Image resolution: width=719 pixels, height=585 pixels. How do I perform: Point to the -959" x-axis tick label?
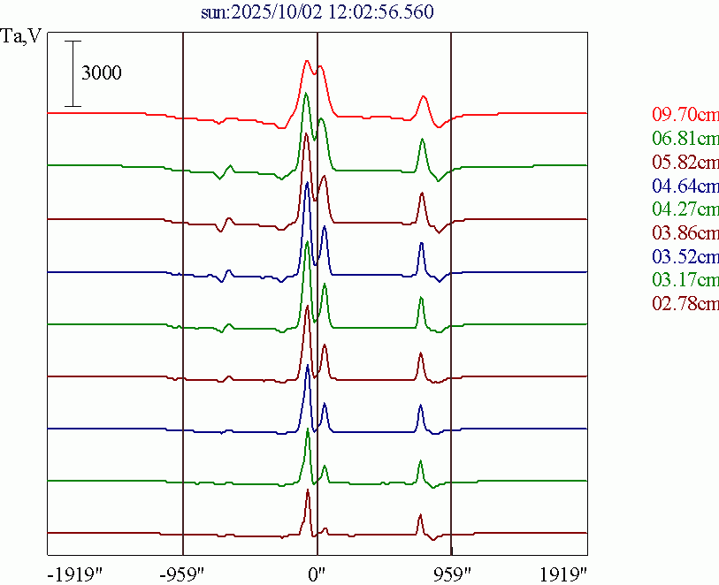pyautogui.click(x=184, y=573)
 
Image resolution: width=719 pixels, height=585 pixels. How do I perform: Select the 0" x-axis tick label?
pyautogui.click(x=317, y=573)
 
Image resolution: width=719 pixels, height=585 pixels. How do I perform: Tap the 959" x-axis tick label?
pyautogui.click(x=452, y=573)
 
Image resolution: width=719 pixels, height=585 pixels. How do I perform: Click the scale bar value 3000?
pyautogui.click(x=102, y=73)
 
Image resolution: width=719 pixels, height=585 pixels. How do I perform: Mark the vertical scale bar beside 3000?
pyautogui.click(x=73, y=73)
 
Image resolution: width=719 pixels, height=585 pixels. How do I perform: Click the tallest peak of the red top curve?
pyautogui.click(x=307, y=61)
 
